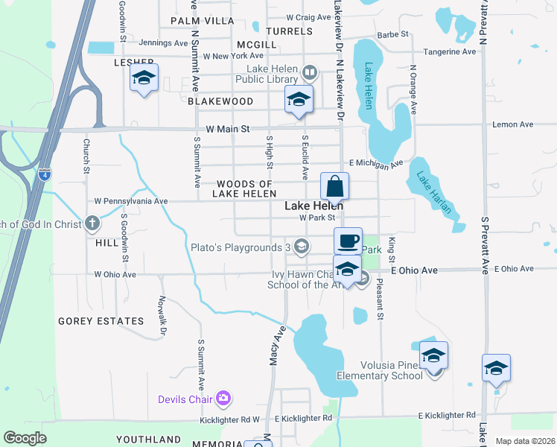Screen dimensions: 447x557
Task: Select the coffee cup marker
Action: coord(348,241)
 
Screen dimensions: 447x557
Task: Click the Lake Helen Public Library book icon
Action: coord(310,73)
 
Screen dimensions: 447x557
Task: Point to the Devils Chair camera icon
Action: coord(223,399)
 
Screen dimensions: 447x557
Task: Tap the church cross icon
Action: coord(92,223)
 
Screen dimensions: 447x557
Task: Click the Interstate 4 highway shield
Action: coord(45,174)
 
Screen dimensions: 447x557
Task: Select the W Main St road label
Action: coord(230,129)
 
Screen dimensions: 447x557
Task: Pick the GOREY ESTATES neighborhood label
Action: coord(101,321)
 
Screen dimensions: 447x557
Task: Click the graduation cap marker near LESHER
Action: coord(144,78)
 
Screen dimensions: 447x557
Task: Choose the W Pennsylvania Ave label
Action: coord(130,201)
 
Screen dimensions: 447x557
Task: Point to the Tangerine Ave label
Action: coord(449,52)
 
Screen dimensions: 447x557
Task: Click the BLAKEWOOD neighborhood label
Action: coord(220,101)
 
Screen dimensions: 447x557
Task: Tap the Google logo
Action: coord(25,438)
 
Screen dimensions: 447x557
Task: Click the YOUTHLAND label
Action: coord(148,440)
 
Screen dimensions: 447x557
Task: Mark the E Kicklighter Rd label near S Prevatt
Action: coord(447,415)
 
